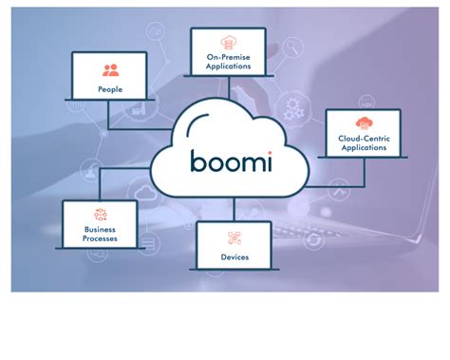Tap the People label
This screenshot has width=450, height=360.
click(x=111, y=89)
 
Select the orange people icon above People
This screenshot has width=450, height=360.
click(x=111, y=69)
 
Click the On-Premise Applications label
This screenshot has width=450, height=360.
click(x=228, y=63)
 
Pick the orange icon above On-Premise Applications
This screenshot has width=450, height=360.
click(x=228, y=43)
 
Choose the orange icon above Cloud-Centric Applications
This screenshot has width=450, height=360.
click(x=363, y=123)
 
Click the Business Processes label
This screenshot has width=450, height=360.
click(x=99, y=235)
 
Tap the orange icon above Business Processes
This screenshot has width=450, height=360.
click(x=99, y=215)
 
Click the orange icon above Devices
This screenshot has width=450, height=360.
click(x=234, y=236)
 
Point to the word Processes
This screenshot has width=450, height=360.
click(x=99, y=239)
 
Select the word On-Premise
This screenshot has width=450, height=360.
click(x=228, y=58)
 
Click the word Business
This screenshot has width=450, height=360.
click(x=99, y=230)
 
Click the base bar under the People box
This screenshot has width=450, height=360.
click(x=111, y=103)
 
